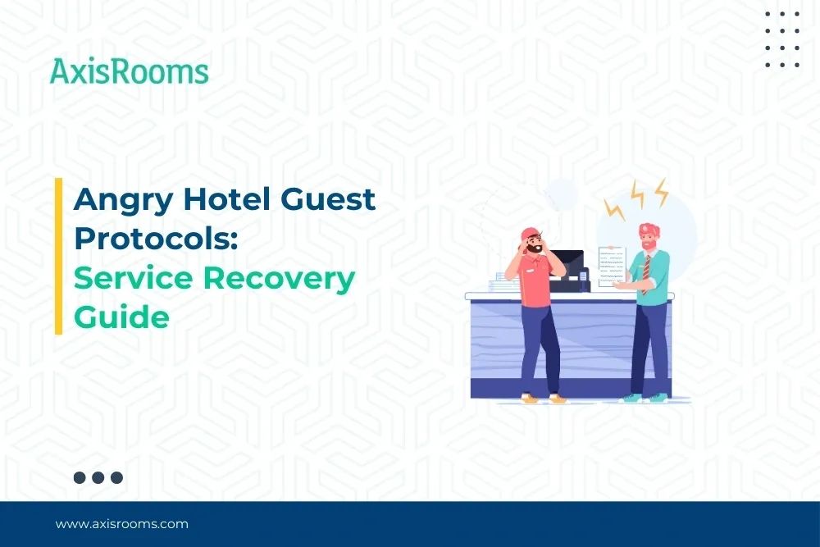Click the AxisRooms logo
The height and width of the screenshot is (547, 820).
[x=129, y=71]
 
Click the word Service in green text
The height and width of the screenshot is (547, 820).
[x=132, y=277]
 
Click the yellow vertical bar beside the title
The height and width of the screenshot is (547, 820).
[x=59, y=256]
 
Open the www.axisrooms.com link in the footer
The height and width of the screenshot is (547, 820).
[x=121, y=523]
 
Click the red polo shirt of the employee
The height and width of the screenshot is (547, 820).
[x=537, y=283]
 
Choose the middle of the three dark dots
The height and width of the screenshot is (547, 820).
[x=98, y=477]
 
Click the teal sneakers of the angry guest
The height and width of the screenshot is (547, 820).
[x=644, y=398]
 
